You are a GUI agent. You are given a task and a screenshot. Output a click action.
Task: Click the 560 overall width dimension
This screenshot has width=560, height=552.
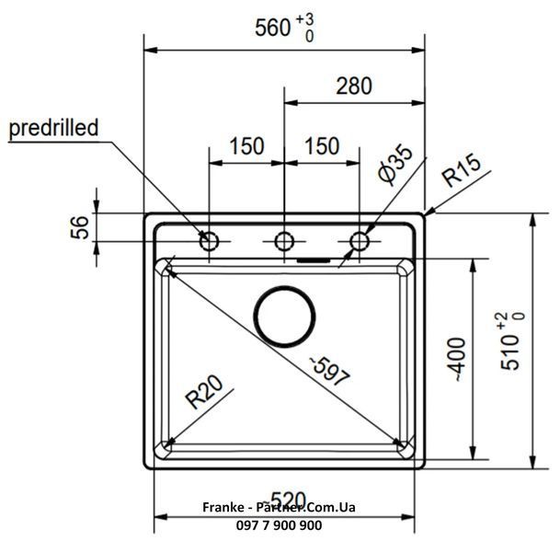273,28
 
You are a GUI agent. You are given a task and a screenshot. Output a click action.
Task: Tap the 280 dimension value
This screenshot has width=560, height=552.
354,86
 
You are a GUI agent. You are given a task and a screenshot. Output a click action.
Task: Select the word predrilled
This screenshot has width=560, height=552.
53,128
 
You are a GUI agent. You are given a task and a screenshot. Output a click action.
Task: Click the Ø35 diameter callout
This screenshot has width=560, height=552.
394,165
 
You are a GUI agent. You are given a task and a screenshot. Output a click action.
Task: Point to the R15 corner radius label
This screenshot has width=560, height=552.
461,169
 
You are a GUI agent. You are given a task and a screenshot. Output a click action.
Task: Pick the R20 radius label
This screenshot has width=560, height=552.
204,392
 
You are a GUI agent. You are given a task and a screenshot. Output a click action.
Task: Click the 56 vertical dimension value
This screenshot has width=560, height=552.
79,227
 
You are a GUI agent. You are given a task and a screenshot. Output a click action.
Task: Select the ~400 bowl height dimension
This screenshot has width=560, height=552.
457,360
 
